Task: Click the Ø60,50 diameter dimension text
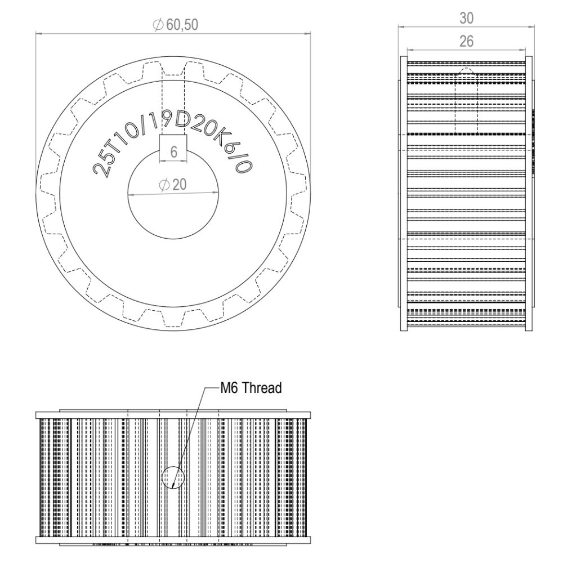(175, 25)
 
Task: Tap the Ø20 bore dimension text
(173, 186)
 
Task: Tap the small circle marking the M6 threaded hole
(173, 478)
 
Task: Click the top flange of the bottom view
(173, 415)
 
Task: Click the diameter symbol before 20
(163, 186)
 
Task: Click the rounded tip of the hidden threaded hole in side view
(466, 71)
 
